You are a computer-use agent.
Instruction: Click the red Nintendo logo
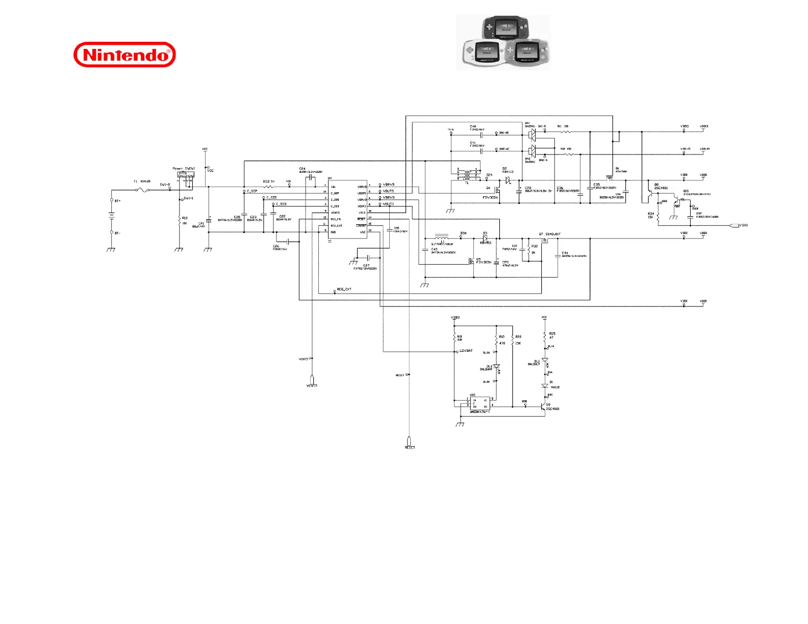click(124, 55)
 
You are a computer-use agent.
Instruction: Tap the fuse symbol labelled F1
click(142, 190)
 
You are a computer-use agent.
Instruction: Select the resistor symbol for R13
click(180, 221)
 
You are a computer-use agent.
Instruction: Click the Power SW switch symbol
click(185, 175)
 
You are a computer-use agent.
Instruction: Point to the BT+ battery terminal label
click(118, 201)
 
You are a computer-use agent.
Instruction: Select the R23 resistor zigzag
click(268, 187)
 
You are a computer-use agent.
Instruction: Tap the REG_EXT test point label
click(344, 290)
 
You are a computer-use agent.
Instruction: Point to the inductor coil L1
click(441, 238)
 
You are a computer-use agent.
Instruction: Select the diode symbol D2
click(508, 180)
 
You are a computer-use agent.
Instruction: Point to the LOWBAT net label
click(466, 351)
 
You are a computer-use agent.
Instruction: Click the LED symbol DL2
click(496, 367)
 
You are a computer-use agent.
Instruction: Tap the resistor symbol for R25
click(544, 336)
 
